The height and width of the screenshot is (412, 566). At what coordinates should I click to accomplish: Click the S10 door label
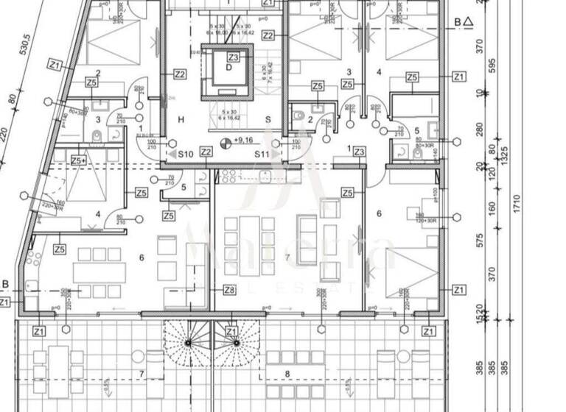pos(185,154)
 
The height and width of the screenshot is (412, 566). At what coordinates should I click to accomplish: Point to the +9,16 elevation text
pos(244,140)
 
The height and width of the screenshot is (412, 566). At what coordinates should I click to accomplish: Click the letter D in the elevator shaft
pos(229,68)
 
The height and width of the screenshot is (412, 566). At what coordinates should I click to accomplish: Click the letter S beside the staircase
pos(268,119)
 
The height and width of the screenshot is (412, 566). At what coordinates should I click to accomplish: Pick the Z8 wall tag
pos(229,290)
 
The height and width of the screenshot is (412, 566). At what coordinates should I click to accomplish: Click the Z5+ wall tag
pos(79,160)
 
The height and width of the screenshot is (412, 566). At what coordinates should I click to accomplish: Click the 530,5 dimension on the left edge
pos(24,52)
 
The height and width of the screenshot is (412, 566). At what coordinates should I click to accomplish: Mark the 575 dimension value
pos(480,240)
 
